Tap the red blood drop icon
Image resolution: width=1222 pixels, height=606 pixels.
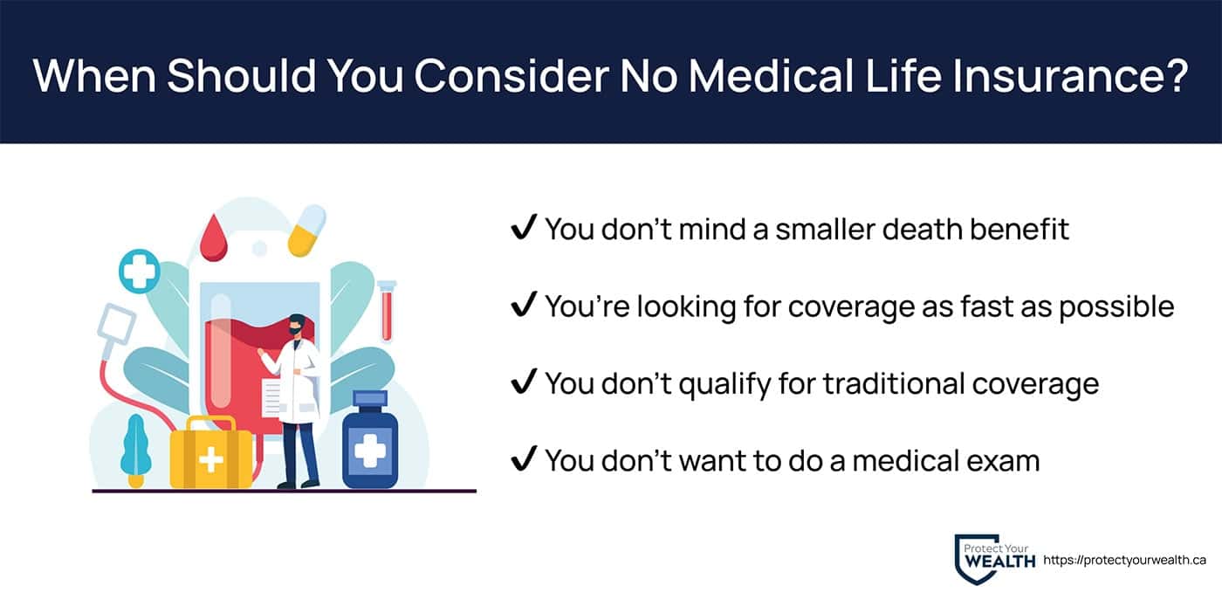[x=214, y=238]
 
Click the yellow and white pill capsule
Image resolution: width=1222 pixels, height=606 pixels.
[x=306, y=230]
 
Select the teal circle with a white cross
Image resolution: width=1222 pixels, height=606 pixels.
[x=140, y=271]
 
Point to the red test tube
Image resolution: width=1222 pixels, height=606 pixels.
[x=386, y=311]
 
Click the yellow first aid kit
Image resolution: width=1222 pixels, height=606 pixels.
[x=211, y=452]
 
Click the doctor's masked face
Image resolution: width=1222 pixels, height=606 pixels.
[x=296, y=326]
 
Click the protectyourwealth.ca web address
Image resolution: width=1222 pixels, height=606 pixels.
[x=1124, y=560]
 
